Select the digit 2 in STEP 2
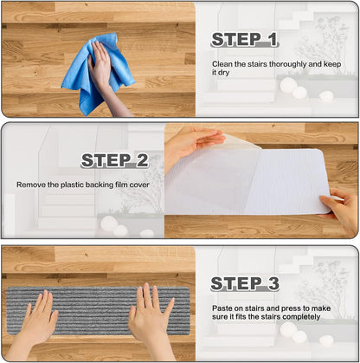pos(142,160)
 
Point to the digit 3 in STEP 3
pos(273,283)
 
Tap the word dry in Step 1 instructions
pos(223,73)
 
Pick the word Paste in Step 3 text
pos(222,308)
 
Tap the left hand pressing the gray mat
pos(37,321)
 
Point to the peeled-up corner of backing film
pos(240,141)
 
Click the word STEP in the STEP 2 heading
pos(106,160)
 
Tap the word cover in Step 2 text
pos(139,185)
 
